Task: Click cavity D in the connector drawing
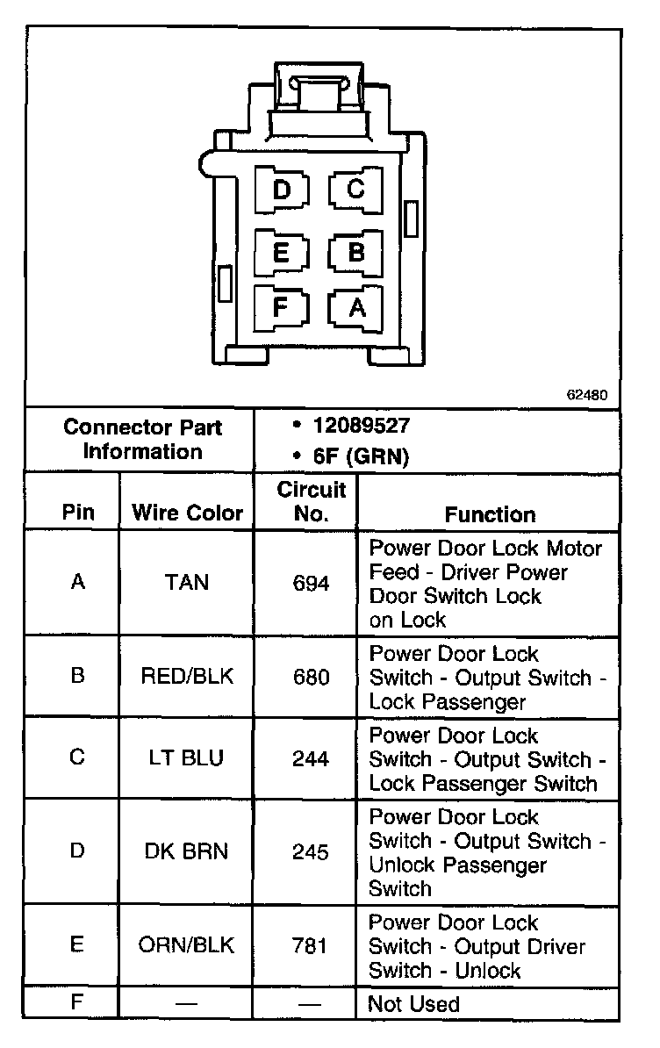[282, 190]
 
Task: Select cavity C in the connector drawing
[355, 189]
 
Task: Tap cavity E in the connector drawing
[282, 253]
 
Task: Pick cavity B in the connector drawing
[355, 253]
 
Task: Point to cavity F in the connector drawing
[282, 308]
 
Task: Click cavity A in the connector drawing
[355, 308]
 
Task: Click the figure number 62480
[586, 394]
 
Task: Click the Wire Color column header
[187, 513]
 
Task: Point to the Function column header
[490, 514]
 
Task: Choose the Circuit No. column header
[312, 502]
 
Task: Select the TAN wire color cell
[187, 582]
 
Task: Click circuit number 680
[312, 677]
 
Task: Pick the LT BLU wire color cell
[187, 758]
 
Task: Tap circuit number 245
[312, 852]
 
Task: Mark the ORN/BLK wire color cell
[187, 945]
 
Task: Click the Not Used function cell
[413, 1003]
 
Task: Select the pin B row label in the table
[77, 677]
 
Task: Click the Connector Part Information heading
[142, 440]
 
